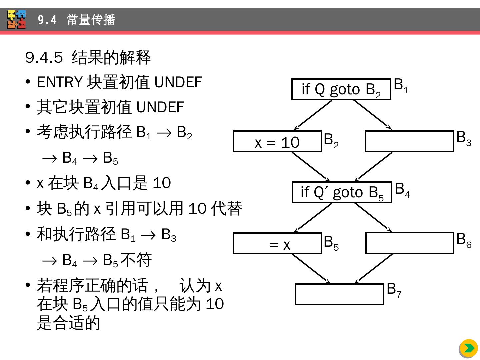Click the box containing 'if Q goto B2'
(x=341, y=89)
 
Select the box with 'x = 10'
(x=277, y=142)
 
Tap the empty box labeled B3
(x=409, y=141)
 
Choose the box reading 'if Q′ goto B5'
(x=342, y=192)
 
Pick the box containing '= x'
(x=277, y=243)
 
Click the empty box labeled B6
(x=410, y=243)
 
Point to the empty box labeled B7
(x=339, y=294)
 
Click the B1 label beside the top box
(x=401, y=85)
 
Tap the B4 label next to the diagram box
(x=402, y=190)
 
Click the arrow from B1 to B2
(x=313, y=115)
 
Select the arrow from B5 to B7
(x=311, y=269)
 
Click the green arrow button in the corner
(x=468, y=348)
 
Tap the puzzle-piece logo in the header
(x=17, y=20)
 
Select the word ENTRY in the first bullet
(x=60, y=82)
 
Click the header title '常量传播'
(x=91, y=20)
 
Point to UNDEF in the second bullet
(x=160, y=107)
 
